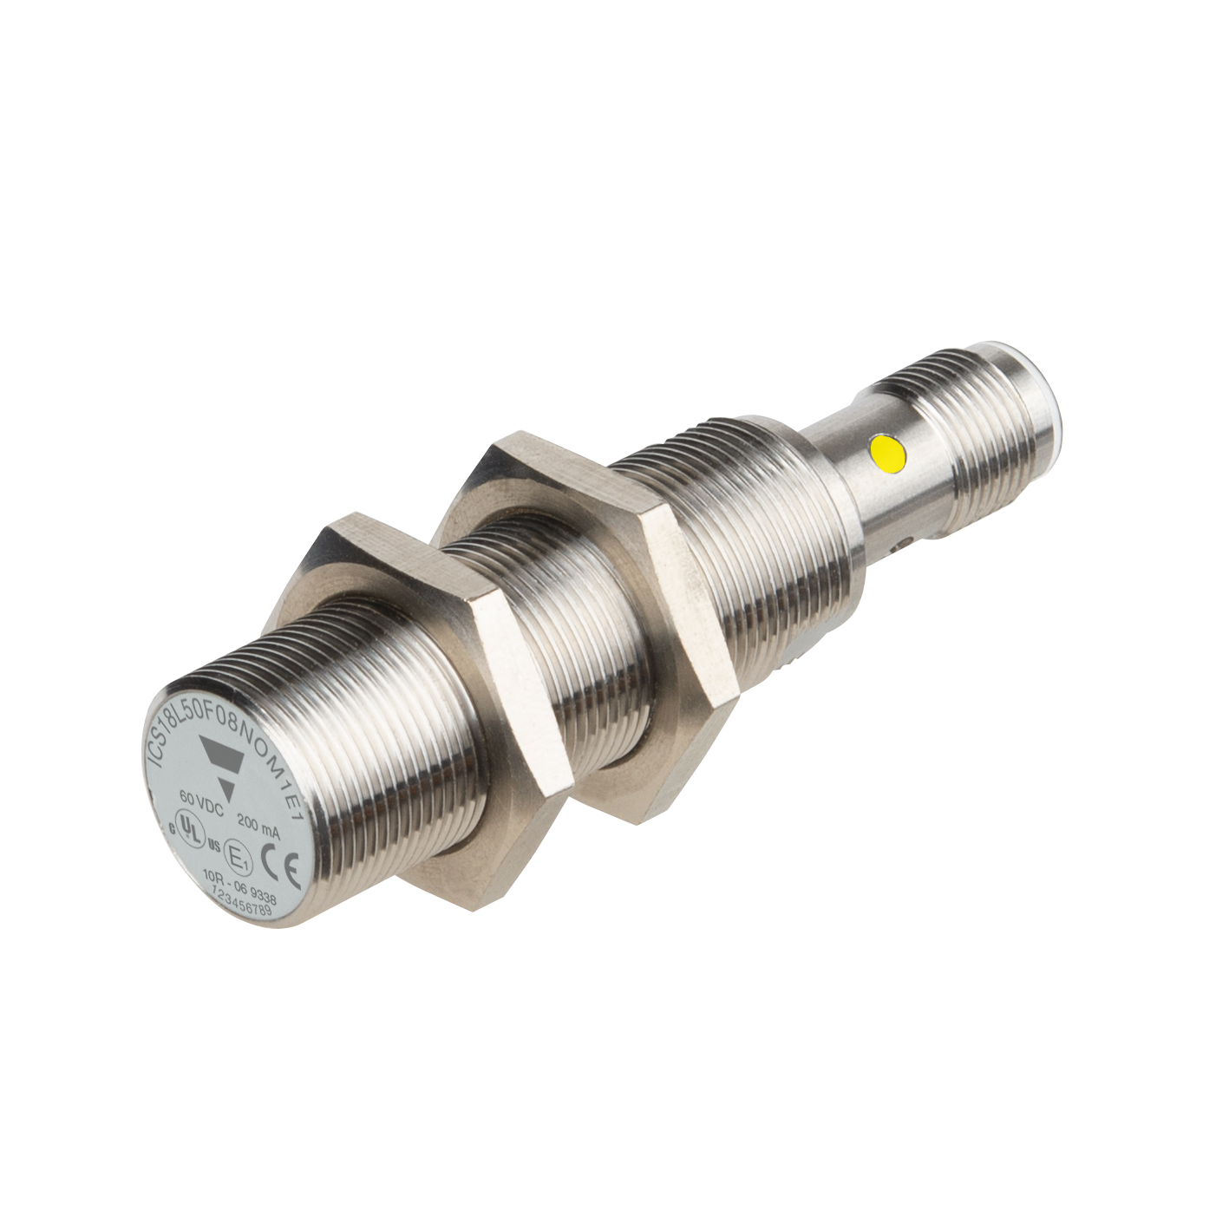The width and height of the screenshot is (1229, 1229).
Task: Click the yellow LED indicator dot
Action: click(x=889, y=451)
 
